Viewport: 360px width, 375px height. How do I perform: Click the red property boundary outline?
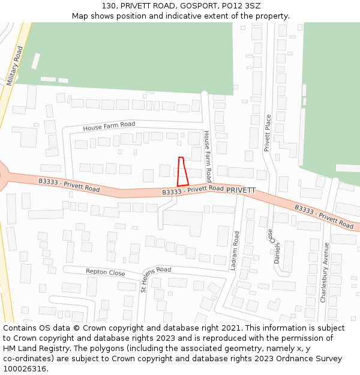click(182, 172)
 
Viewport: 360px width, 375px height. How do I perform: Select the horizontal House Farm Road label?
click(109, 127)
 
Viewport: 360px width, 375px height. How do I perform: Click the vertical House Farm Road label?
click(207, 156)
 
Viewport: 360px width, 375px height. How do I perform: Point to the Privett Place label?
click(268, 133)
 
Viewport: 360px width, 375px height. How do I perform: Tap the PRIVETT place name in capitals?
click(241, 190)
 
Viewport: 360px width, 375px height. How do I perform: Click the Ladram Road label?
click(235, 250)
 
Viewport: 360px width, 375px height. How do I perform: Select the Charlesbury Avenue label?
click(325, 272)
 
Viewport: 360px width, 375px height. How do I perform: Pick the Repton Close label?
click(106, 272)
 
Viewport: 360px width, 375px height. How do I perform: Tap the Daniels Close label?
click(274, 246)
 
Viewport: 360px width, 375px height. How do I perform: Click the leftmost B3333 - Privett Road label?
click(69, 185)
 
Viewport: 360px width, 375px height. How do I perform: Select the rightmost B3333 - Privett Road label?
click(324, 216)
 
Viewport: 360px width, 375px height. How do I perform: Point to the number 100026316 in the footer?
click(25, 368)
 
